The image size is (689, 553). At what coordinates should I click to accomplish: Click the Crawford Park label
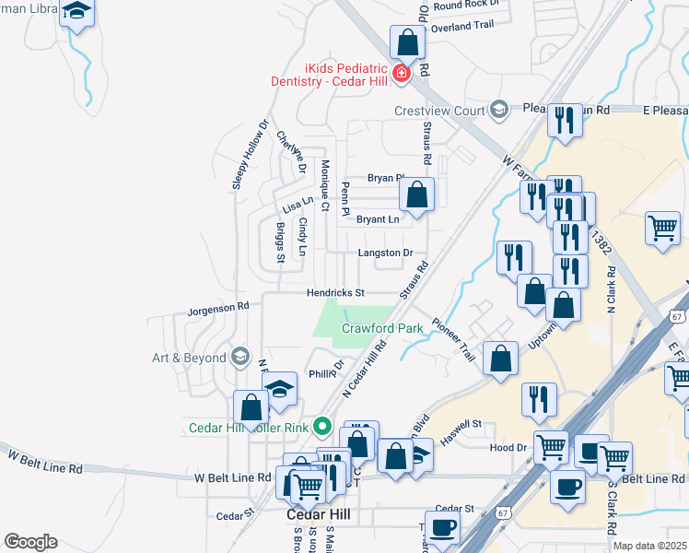382,328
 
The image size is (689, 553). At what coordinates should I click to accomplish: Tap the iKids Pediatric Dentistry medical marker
400,74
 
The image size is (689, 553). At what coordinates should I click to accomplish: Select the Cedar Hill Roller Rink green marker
321,427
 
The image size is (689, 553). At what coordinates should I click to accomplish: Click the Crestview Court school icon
499,111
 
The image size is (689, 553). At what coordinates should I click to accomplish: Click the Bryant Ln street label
378,219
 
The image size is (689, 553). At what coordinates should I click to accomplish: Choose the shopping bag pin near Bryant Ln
416,194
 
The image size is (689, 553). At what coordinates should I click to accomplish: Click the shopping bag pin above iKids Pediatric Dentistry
406,43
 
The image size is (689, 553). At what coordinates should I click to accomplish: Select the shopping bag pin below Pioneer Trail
500,359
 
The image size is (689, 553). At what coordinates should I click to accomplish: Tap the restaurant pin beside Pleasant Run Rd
564,121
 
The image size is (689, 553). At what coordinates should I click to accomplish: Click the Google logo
30,542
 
